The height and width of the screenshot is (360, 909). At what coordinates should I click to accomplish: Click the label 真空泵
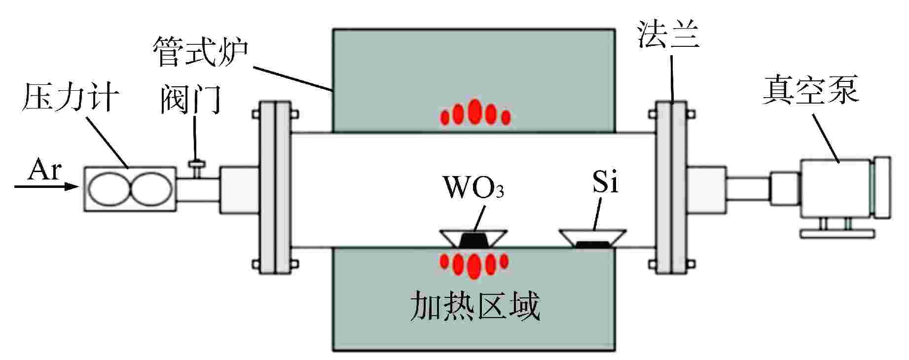tap(811, 90)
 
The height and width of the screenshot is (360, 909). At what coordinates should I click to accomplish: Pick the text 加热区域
tap(475, 306)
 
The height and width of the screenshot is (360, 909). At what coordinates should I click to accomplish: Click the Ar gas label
tap(44, 171)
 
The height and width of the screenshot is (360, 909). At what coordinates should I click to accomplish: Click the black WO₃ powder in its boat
tap(474, 241)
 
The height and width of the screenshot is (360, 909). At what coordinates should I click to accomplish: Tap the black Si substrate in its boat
tap(593, 244)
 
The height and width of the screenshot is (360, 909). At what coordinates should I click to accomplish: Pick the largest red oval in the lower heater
tap(474, 266)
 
